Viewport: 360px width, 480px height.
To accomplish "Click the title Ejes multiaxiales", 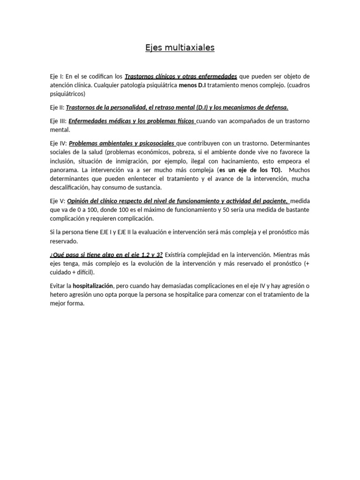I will (x=180, y=48).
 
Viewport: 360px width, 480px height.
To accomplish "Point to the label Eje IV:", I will (x=58, y=143).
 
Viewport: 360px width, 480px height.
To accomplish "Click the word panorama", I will (x=64, y=170).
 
